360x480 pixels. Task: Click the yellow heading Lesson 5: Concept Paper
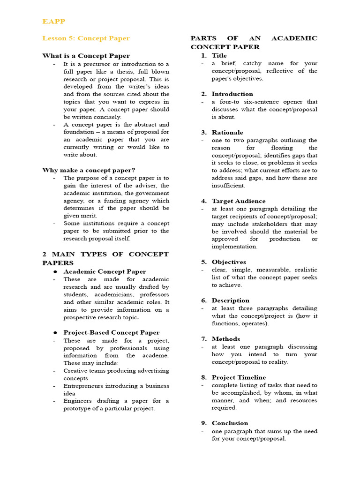coord(86,38)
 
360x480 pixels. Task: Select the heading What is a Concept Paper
coord(86,56)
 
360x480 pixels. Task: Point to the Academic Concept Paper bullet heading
coord(105,271)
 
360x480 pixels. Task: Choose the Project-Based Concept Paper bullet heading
coord(111,332)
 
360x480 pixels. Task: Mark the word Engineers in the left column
coord(77,401)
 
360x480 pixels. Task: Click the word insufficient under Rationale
coord(228,186)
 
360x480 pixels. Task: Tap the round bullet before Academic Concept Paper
coord(55,272)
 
